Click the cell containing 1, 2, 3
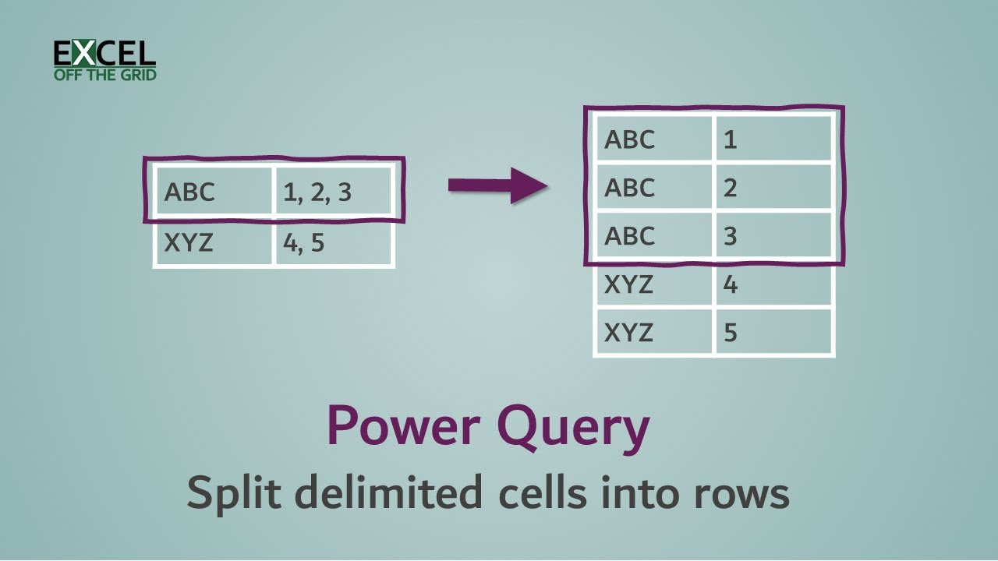pyautogui.click(x=333, y=192)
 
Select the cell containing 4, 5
pyautogui.click(x=333, y=243)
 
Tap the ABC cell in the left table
pyautogui.click(x=214, y=192)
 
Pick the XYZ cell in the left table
pyautogui.click(x=214, y=243)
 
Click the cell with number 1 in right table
pyautogui.click(x=773, y=139)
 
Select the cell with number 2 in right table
pyautogui.click(x=773, y=188)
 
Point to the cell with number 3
pyautogui.click(x=773, y=236)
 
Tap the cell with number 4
pyautogui.click(x=773, y=284)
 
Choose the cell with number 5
pyautogui.click(x=773, y=333)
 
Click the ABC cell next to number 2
pyautogui.click(x=653, y=188)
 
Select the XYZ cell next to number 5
pyautogui.click(x=653, y=333)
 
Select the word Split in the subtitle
pyautogui.click(x=228, y=495)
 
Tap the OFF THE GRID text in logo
pyautogui.click(x=104, y=75)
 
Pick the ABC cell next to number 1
pyautogui.click(x=653, y=139)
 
